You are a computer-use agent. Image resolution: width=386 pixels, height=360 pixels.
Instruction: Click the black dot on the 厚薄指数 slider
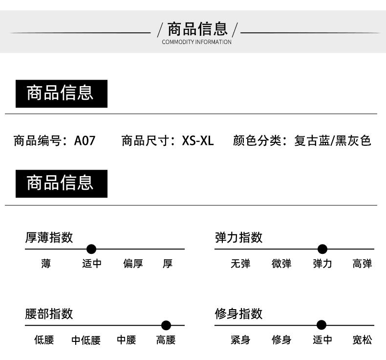point(91,249)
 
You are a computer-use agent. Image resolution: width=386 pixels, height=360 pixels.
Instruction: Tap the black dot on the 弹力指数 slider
point(322,249)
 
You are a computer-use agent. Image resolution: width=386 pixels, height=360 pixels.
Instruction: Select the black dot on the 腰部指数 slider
point(166,325)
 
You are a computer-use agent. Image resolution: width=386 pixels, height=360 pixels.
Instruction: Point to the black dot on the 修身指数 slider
point(321,325)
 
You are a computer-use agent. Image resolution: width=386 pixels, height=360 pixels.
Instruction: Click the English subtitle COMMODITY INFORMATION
point(196,42)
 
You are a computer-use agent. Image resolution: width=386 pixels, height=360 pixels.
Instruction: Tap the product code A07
point(85,141)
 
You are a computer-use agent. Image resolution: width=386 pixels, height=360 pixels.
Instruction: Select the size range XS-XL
point(198,141)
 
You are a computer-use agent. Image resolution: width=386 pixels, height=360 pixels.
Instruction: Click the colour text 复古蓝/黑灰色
point(333,141)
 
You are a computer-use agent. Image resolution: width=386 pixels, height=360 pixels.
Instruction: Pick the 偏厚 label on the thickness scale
point(133,264)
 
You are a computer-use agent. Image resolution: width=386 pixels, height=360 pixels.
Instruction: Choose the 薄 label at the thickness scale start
point(46,264)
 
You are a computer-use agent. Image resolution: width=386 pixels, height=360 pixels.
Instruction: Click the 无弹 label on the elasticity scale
point(240,264)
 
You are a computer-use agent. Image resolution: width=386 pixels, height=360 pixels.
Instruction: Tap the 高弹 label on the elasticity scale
point(362,264)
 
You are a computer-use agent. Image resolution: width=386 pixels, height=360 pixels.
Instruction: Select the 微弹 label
point(281,264)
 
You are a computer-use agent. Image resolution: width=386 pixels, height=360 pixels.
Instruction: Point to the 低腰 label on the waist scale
point(44,340)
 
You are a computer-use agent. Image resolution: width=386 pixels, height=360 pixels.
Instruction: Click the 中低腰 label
point(86,340)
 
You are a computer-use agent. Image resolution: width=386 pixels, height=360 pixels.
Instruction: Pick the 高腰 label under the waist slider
point(166,340)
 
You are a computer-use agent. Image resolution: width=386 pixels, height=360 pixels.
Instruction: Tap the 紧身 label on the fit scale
point(240,340)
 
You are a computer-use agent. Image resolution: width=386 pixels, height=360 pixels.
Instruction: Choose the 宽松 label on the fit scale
point(362,340)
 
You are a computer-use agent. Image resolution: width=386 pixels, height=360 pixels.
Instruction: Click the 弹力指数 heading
point(239,238)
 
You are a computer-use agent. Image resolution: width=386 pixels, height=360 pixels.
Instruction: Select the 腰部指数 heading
point(49,314)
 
